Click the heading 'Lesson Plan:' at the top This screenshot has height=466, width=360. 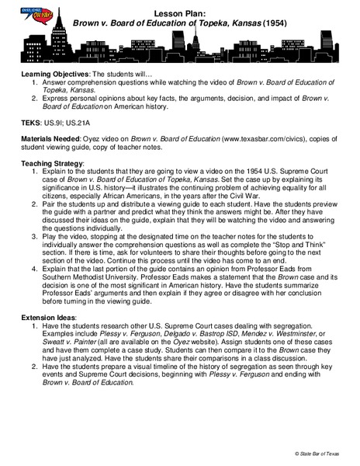180,14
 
